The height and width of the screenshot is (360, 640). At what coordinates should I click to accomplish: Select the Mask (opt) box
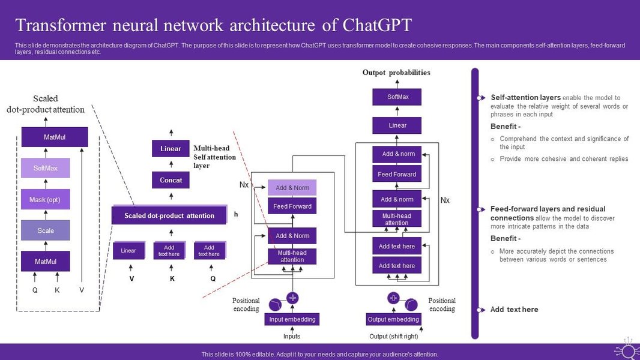46,199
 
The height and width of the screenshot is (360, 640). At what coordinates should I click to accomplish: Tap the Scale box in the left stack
46,230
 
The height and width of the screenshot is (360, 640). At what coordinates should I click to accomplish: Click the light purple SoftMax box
46,168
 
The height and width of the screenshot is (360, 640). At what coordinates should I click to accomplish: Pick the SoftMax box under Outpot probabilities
397,97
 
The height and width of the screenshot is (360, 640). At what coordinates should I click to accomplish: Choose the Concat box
171,180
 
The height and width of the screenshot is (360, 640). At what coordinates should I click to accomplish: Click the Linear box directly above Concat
171,149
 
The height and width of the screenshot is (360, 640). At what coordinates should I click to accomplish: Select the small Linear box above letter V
128,251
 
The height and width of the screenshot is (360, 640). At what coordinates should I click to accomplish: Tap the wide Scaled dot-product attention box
169,215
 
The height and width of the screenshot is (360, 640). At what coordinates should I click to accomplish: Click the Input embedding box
292,319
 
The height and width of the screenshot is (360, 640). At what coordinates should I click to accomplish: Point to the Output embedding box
393,319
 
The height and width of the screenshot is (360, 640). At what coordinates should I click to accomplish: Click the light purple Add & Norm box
292,188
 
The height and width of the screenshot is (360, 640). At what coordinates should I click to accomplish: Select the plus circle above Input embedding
292,298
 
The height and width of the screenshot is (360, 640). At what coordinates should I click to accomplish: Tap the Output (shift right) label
393,336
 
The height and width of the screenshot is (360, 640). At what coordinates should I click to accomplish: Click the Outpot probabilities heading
396,73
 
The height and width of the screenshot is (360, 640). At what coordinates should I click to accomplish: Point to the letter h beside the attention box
236,214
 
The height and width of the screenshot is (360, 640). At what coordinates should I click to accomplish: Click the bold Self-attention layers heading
525,97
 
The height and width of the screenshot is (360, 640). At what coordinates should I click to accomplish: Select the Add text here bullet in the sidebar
514,310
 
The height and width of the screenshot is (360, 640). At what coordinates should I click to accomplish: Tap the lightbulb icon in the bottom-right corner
627,350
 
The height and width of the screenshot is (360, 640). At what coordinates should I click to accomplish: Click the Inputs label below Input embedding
292,336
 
